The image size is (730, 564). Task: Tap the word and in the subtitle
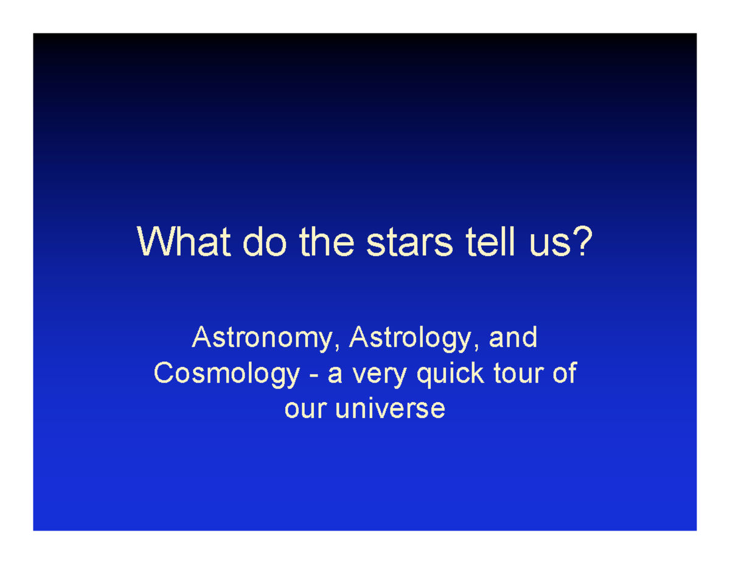(513, 338)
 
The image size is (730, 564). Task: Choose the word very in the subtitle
(381, 375)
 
